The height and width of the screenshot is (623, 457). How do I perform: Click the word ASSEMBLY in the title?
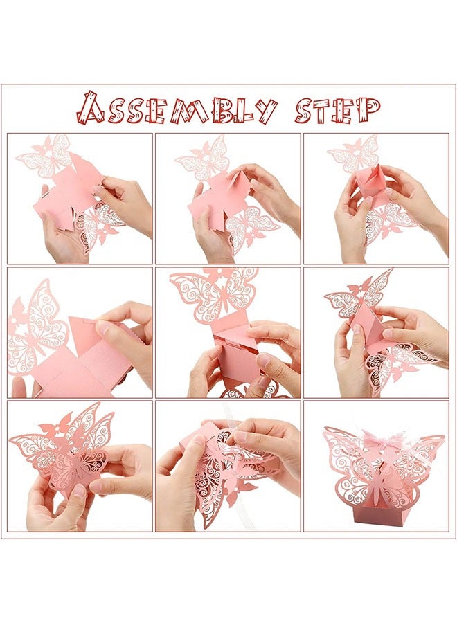pos(177,109)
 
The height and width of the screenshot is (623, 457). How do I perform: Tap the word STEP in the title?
pos(337,109)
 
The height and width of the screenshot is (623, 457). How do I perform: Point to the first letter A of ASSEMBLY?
pos(90,109)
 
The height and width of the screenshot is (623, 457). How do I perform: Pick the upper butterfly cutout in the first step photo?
pos(44,156)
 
